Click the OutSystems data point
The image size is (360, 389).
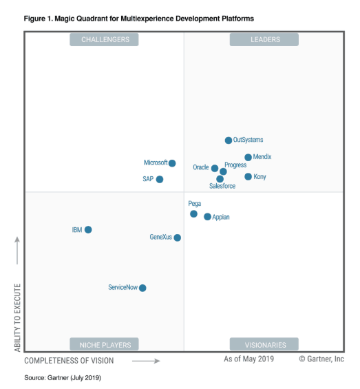pos(229,140)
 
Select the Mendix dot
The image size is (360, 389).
pos(248,157)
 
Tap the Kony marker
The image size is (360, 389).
pos(248,177)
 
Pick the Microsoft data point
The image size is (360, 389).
pos(172,163)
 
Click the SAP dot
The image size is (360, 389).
pos(160,180)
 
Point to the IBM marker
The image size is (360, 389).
pos(88,230)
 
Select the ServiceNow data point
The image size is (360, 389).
pos(142,288)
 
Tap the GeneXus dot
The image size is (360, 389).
pos(177,238)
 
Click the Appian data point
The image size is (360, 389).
pos(207,217)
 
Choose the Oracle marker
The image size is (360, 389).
pos(215,169)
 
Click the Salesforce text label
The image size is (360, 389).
pos(222,186)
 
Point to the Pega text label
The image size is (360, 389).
pos(195,204)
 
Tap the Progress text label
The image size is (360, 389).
pos(235,165)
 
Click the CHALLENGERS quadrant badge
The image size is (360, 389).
pos(104,40)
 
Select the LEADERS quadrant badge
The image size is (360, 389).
pos(264,40)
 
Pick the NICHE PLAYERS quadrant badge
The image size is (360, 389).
pos(104,344)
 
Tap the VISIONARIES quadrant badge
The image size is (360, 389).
pos(264,344)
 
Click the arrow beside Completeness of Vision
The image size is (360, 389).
pos(146,361)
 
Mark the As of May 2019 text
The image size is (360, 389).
pos(249,359)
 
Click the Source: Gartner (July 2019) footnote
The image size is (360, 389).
pos(63,378)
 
